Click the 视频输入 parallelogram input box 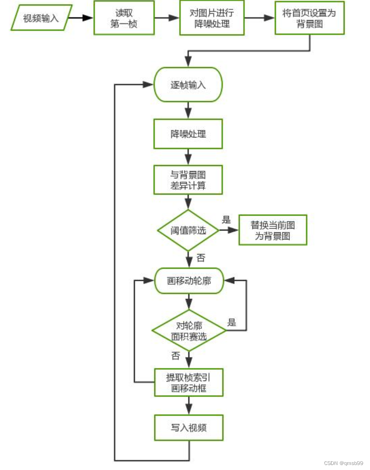[x=41, y=18]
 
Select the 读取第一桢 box [x=123, y=18]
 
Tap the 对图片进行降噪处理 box [x=212, y=18]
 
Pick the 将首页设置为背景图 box [x=309, y=18]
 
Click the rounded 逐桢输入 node [x=188, y=85]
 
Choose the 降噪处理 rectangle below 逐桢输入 [x=188, y=134]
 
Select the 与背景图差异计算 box [x=188, y=180]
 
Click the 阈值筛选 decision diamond [x=188, y=230]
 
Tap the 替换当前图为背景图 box [x=272, y=230]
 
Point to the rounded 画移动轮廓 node [x=189, y=281]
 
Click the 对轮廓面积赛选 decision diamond [x=188, y=330]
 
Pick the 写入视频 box [x=188, y=427]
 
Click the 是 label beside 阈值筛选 [x=227, y=220]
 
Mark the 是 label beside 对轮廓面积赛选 [x=232, y=323]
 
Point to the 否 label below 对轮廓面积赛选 [x=175, y=356]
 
